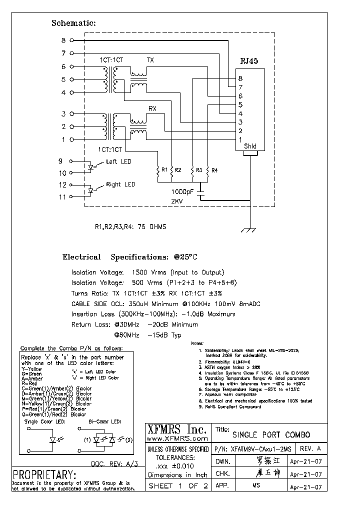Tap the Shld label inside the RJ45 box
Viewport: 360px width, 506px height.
point(250,146)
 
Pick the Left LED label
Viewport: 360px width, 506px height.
point(118,161)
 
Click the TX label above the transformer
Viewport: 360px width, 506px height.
point(150,60)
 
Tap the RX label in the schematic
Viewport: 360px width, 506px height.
point(152,108)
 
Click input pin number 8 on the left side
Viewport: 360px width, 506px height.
point(63,40)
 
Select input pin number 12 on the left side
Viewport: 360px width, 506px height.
point(62,184)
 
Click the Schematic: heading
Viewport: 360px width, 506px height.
point(73,23)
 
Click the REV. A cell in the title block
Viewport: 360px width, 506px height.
point(309,448)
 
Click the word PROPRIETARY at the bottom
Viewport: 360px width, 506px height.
point(44,474)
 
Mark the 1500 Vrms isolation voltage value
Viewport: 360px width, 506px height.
point(147,272)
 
